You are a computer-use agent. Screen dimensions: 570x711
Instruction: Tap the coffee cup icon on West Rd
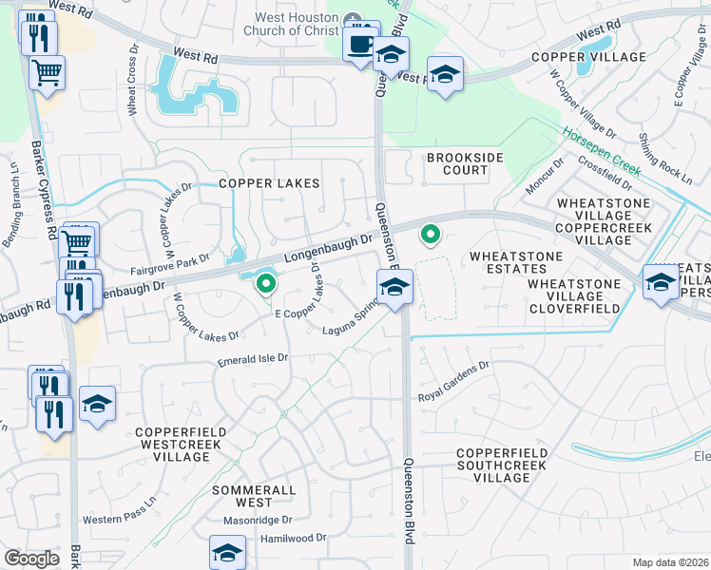361,44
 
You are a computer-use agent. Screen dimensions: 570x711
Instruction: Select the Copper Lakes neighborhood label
270,183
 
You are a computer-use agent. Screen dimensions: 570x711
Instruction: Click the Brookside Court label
457,163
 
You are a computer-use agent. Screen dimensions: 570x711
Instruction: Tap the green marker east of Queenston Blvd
431,234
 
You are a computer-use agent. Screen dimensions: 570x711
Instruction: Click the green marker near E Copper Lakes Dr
266,283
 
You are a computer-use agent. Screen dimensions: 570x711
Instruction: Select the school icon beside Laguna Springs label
394,286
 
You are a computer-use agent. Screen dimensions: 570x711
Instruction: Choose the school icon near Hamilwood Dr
228,552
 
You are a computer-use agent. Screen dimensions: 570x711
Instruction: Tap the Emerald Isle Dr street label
253,358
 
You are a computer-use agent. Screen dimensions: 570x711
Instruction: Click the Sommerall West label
241,494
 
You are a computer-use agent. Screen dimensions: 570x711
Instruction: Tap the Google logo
31,559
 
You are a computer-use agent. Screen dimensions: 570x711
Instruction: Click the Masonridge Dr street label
260,521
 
